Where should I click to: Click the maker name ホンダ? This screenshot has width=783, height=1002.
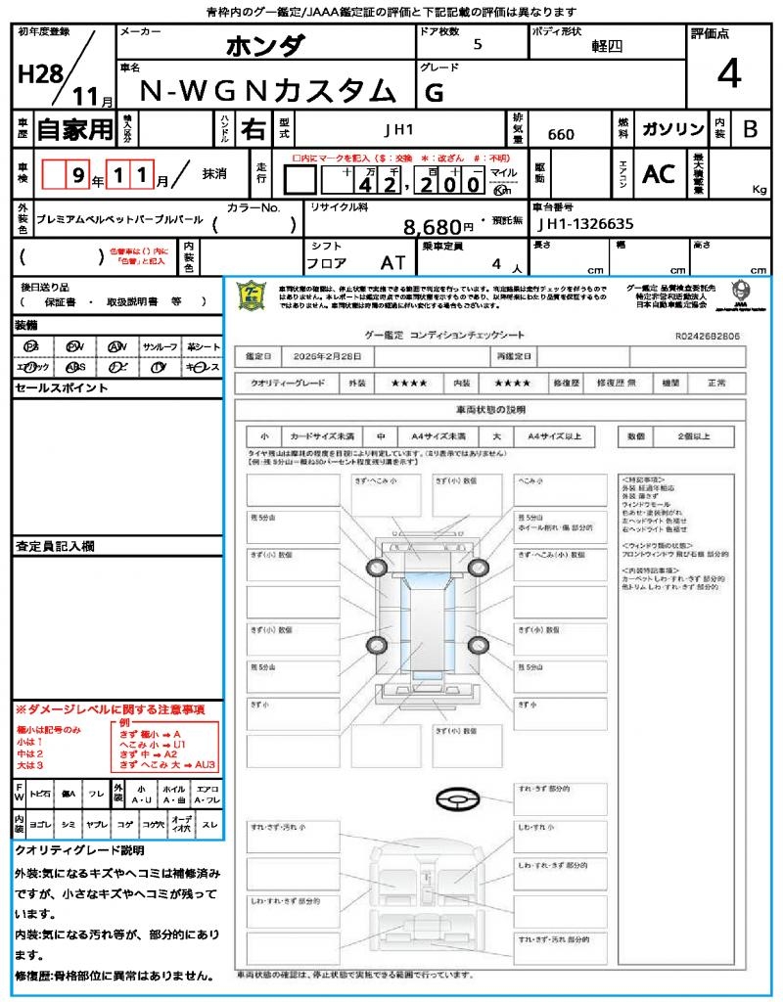[265, 46]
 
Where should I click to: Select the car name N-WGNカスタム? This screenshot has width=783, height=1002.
[269, 90]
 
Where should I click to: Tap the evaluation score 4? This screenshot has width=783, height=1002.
[727, 73]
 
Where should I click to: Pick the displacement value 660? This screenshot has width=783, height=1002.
[561, 134]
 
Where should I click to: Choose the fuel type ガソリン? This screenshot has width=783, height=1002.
[672, 129]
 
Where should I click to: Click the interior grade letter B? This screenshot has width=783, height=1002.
[749, 129]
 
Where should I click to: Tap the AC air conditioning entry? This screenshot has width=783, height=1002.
[659, 174]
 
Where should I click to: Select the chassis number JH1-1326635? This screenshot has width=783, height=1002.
[585, 225]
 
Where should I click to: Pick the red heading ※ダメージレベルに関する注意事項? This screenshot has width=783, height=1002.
[110, 708]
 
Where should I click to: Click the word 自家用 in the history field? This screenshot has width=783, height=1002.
[74, 129]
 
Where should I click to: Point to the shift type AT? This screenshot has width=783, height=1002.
[392, 264]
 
